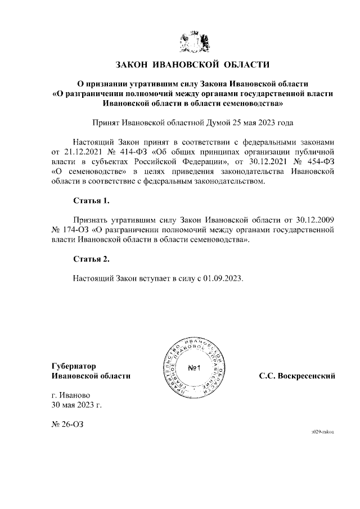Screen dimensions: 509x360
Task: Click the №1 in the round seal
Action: (x=195, y=368)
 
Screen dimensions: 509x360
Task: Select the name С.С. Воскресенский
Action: (x=297, y=376)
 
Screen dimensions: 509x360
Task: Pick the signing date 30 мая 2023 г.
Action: (x=76, y=404)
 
